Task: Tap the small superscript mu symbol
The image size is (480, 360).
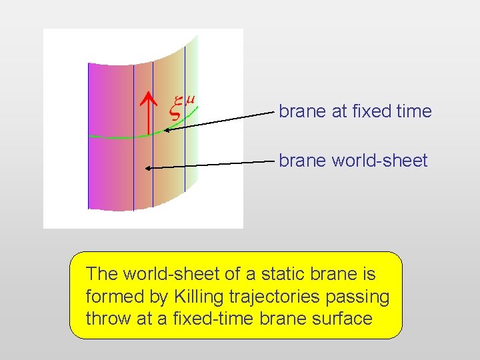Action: coord(190,99)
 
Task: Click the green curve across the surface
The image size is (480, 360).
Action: coord(120,137)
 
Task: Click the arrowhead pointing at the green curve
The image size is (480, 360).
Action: coord(167,130)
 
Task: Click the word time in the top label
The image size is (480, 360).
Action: coord(413,111)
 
